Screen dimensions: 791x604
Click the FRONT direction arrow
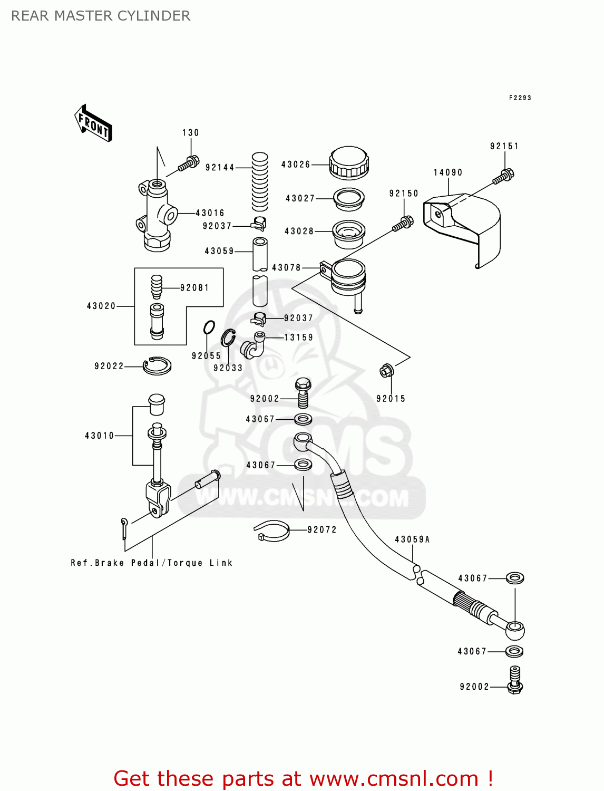(x=93, y=123)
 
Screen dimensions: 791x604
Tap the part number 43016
(x=210, y=213)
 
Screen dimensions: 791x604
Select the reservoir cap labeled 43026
(x=348, y=163)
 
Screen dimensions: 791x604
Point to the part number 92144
(x=220, y=168)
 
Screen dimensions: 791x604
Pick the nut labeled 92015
(x=386, y=371)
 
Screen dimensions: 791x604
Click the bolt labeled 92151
(x=503, y=176)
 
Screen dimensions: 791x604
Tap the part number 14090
(x=448, y=172)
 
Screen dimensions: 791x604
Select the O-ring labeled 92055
(x=209, y=327)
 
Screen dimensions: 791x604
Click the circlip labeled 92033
(x=228, y=337)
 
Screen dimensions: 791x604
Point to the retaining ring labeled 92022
(x=157, y=365)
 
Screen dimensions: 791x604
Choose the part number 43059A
(x=412, y=539)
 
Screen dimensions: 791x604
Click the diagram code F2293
(x=520, y=98)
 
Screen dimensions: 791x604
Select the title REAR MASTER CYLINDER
(x=101, y=16)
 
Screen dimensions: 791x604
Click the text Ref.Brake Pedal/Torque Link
(x=152, y=563)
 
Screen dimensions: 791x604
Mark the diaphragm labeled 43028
(x=348, y=234)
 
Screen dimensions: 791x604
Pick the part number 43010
(x=99, y=436)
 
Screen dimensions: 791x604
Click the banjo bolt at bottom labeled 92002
(x=514, y=680)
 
